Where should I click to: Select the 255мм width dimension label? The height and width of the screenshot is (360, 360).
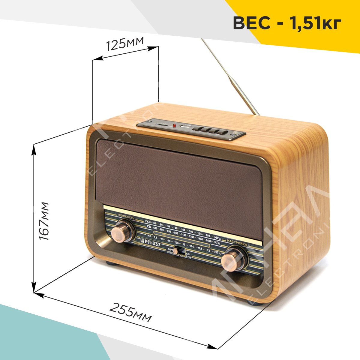click(130, 312)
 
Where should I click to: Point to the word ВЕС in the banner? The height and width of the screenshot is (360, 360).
click(251, 23)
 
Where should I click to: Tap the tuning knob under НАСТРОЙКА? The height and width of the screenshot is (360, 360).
click(232, 258)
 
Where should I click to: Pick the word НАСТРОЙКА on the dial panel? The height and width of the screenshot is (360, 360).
click(237, 242)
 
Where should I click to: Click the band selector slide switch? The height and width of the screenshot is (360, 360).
click(180, 251)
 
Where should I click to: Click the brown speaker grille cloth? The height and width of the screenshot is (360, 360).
click(180, 177)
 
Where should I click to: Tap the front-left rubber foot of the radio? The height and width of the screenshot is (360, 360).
click(110, 263)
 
